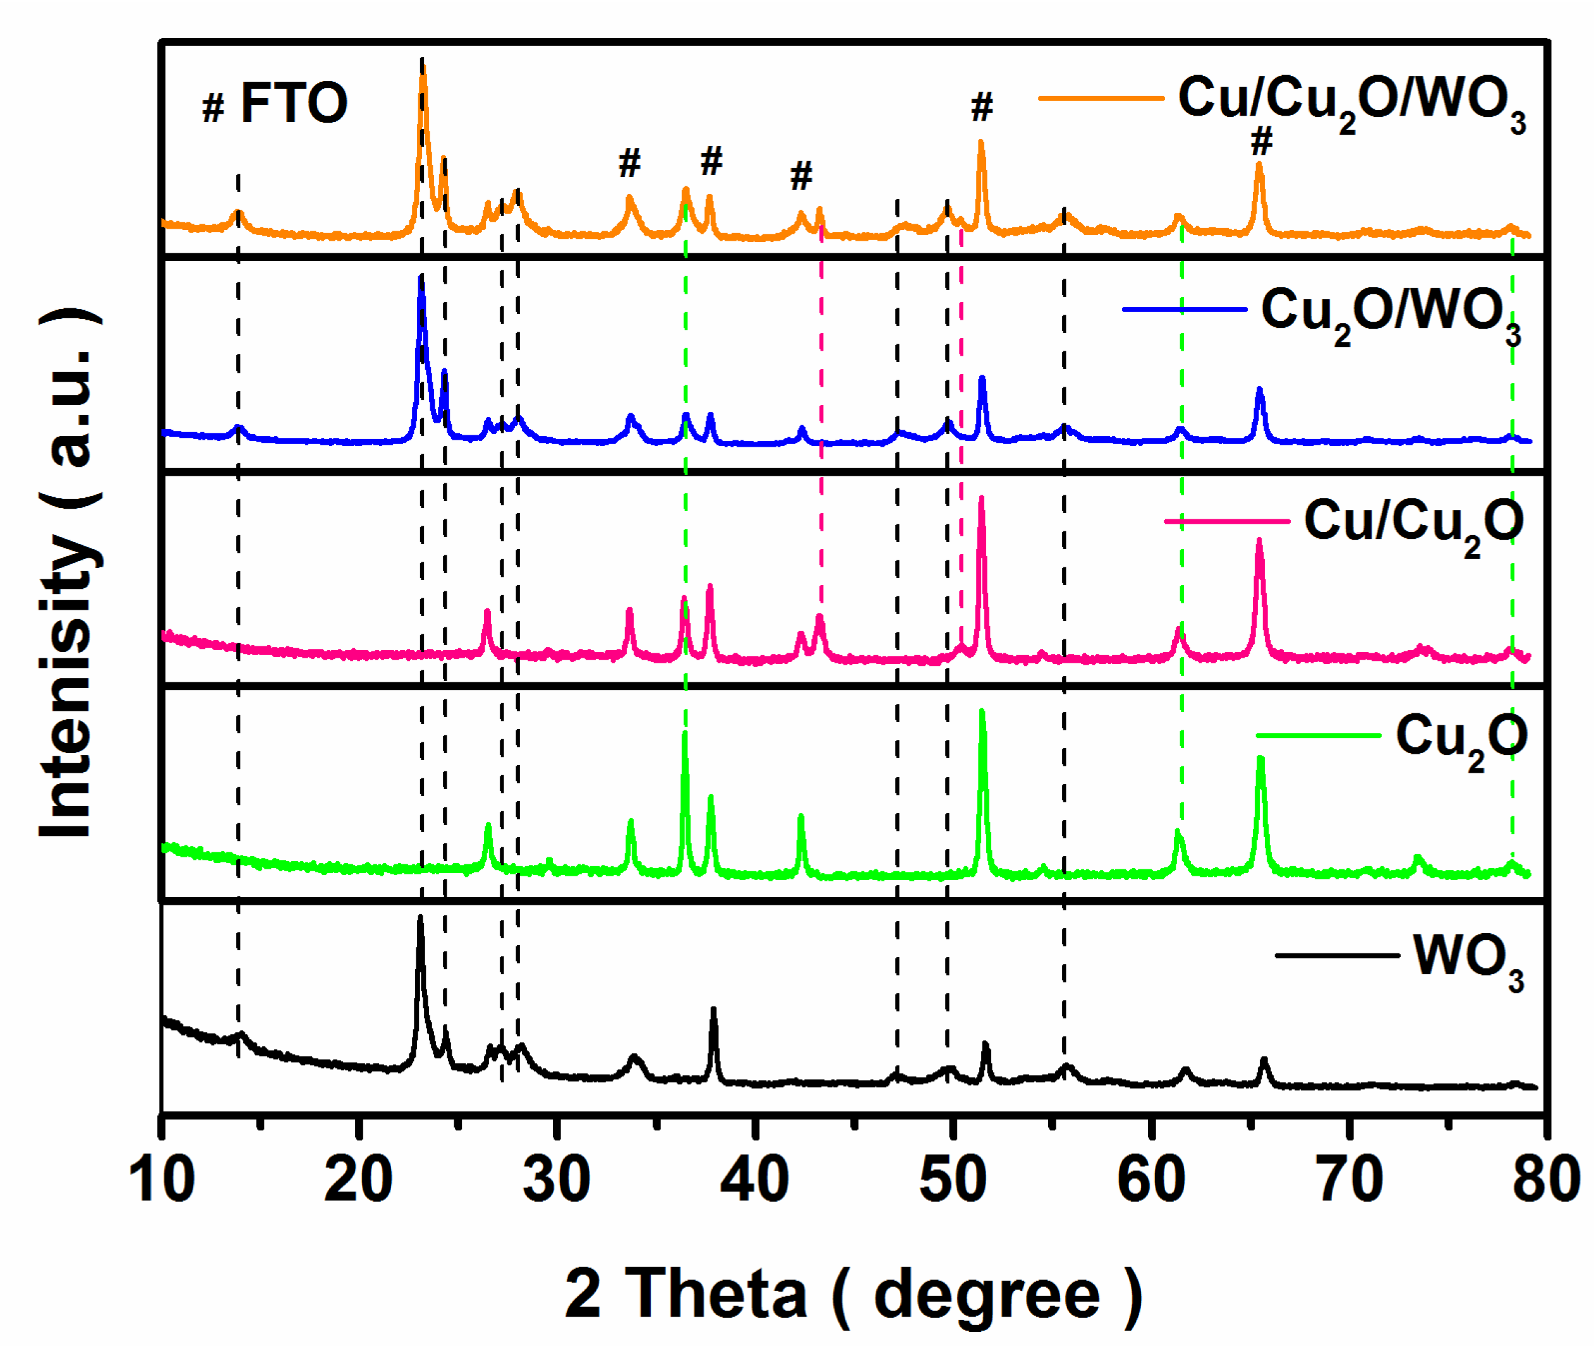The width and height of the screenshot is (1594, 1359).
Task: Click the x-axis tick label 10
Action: pyautogui.click(x=162, y=1180)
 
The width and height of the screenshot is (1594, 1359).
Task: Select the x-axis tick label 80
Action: pyautogui.click(x=1545, y=1180)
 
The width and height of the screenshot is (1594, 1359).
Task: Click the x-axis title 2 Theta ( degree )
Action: pyautogui.click(x=854, y=1295)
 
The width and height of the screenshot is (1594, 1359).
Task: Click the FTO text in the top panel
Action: pyautogui.click(x=294, y=103)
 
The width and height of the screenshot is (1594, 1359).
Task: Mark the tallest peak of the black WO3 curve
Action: pyautogui.click(x=420, y=919)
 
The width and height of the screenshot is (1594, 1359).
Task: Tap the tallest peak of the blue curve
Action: pyautogui.click(x=421, y=279)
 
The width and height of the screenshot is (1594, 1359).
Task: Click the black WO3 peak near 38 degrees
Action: pyautogui.click(x=714, y=1010)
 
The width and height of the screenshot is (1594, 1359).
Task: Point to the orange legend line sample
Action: pyautogui.click(x=1100, y=99)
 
